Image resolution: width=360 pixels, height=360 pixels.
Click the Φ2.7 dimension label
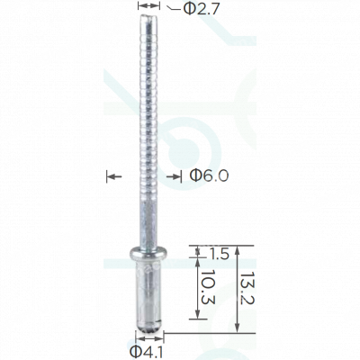coord(201,9)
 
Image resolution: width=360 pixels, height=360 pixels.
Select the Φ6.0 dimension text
coord(209,175)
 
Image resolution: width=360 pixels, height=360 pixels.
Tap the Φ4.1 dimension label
coord(146,352)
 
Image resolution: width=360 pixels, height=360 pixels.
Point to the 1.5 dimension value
coord(218,254)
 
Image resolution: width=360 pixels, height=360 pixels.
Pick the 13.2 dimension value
coord(247,288)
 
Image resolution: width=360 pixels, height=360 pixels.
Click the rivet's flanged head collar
coord(148,254)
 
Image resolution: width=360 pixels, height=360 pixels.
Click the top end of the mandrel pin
coord(148,16)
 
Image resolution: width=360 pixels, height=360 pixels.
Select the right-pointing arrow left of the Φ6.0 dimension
coord(114,176)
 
